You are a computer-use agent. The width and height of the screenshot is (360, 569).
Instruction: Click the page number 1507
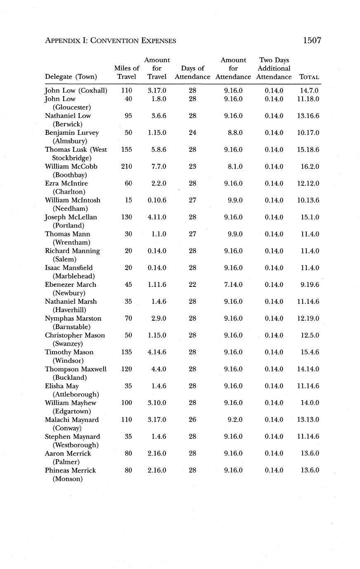click(x=312, y=40)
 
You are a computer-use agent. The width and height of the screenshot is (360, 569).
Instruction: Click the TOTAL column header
click(x=309, y=77)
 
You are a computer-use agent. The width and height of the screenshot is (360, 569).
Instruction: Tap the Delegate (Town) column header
click(x=71, y=77)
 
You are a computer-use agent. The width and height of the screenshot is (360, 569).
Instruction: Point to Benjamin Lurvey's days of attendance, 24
click(x=192, y=133)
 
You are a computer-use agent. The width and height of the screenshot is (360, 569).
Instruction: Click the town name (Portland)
click(x=69, y=226)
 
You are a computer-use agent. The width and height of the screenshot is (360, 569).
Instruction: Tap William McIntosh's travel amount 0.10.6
click(x=157, y=201)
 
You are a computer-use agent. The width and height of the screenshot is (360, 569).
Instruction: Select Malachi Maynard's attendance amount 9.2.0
click(x=235, y=420)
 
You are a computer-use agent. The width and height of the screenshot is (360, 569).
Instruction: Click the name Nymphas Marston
click(x=73, y=319)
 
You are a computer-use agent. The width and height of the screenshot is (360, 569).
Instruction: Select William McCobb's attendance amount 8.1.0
click(x=235, y=167)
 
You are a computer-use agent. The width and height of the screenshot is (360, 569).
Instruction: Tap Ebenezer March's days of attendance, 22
click(x=192, y=285)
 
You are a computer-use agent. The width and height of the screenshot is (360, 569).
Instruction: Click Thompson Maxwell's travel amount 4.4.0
click(x=159, y=369)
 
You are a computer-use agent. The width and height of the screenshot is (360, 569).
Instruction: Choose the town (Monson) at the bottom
click(x=68, y=479)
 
